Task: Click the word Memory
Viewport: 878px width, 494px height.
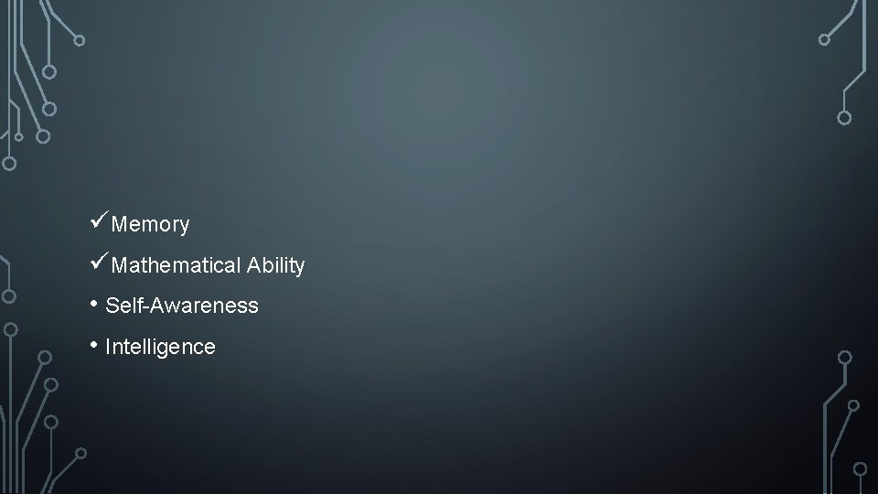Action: click(150, 224)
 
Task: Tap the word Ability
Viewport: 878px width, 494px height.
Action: click(275, 266)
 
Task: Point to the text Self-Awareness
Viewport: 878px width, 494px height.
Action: click(182, 306)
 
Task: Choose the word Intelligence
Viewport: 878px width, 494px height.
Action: click(161, 348)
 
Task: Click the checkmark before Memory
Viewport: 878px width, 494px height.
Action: click(100, 221)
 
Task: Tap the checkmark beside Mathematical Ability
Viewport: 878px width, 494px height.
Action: click(100, 263)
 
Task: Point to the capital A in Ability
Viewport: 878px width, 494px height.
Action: click(252, 265)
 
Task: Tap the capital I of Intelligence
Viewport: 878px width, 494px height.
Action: click(108, 347)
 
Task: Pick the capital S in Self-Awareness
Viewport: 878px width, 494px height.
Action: click(112, 306)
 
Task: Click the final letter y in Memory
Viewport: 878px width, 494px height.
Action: click(184, 226)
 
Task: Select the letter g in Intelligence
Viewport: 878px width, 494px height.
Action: click(171, 349)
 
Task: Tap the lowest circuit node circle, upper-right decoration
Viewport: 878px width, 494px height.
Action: click(844, 117)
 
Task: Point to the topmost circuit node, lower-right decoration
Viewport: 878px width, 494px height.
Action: click(845, 357)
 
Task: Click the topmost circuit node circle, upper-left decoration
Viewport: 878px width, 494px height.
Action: click(80, 40)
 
